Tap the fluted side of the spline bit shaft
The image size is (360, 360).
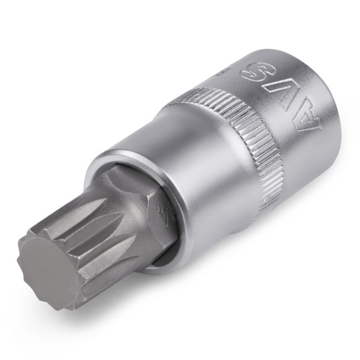(x=97, y=223)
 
